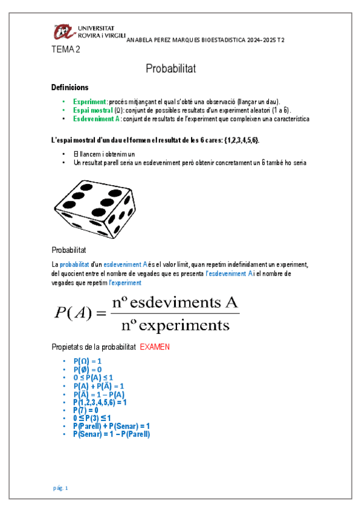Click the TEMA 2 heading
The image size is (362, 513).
pos(66,50)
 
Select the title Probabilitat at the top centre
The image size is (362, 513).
pos(171,68)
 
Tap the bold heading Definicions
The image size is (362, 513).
pos(70,88)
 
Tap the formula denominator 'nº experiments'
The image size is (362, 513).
pos(175,325)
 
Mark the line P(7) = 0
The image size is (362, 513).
pos(86,410)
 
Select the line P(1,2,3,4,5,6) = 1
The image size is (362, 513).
pos(100,402)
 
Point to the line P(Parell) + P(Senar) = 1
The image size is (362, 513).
pos(111,426)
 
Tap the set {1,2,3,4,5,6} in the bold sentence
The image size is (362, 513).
pos(239,140)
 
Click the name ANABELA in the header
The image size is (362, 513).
pos(141,40)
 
